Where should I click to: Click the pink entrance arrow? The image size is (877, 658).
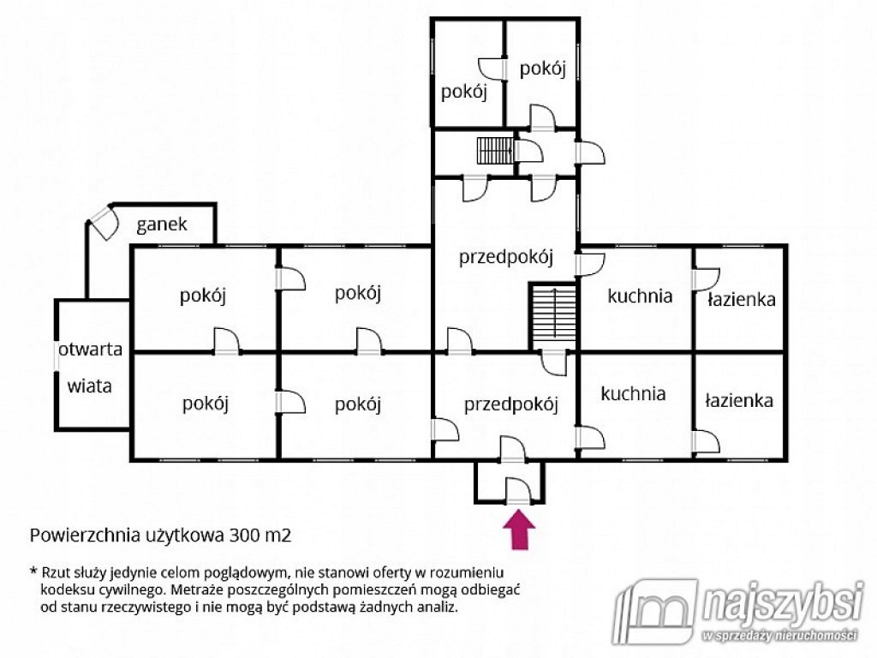pos(519,529)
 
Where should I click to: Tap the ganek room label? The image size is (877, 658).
pos(162,225)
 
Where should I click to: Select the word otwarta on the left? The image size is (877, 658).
pos(90,350)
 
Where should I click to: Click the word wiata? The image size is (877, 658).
pos(89,386)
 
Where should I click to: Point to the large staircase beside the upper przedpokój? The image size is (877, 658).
pos(553,317)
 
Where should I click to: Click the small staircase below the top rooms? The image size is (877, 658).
pos(495,151)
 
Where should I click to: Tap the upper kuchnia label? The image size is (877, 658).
pos(640,296)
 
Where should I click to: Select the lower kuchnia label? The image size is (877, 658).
pos(633,394)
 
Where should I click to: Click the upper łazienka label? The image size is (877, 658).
pos(741,299)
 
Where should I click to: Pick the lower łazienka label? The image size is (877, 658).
pos(739,401)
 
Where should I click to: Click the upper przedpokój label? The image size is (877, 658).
pos(505,258)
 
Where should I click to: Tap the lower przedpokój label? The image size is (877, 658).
pos(510,404)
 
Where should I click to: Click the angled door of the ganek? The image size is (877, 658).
pos(104,222)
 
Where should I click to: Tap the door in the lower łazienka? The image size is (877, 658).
pos(706,441)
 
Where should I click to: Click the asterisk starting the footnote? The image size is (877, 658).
pos(33,571)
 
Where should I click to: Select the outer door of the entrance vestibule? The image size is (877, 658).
pos(518,491)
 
